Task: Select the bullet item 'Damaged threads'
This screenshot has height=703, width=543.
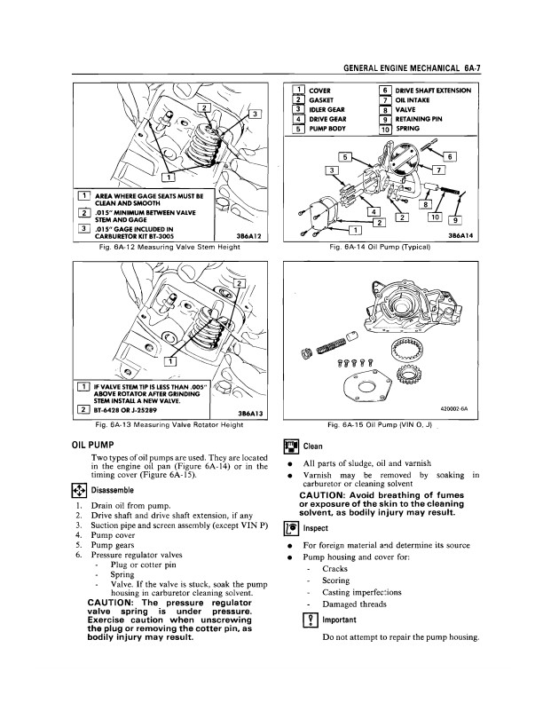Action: click(355, 604)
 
